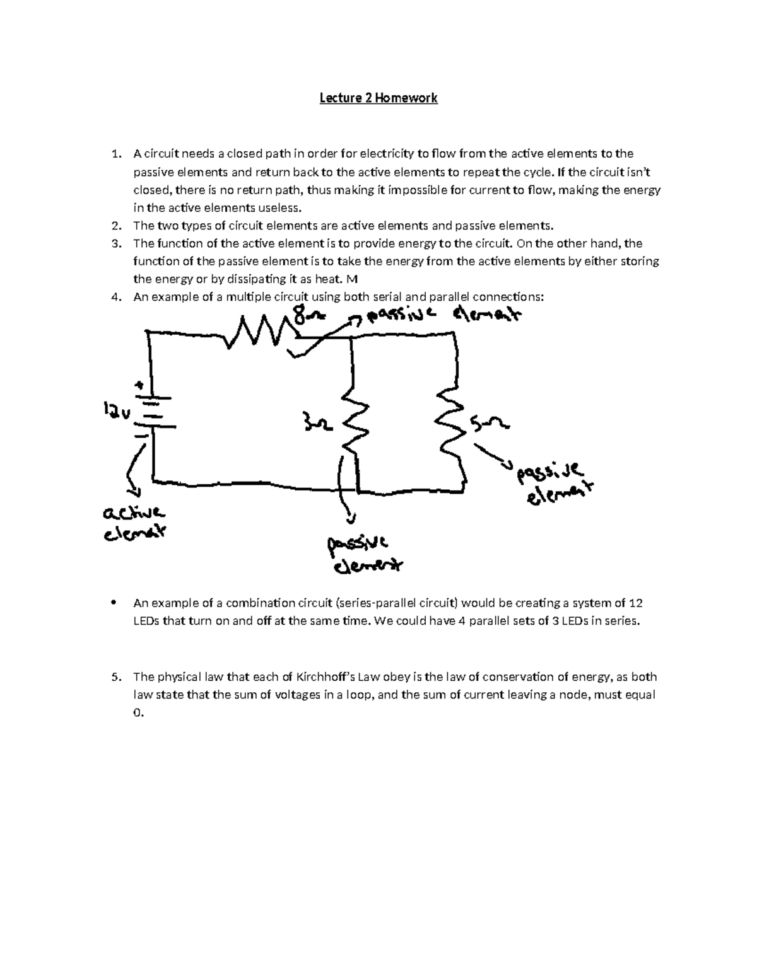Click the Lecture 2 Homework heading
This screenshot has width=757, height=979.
(378, 98)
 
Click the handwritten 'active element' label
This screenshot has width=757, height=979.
(134, 523)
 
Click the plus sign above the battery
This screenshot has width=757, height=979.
(140, 385)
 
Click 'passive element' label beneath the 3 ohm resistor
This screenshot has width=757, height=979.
(362, 555)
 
